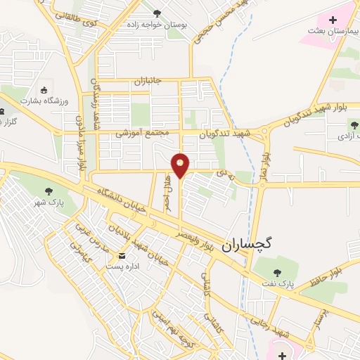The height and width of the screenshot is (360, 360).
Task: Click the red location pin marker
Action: tap(181, 166)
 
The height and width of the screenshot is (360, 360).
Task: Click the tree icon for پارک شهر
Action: tap(49, 191)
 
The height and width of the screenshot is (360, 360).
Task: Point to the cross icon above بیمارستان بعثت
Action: tap(333, 20)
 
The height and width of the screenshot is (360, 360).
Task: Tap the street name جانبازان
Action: tap(148, 82)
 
